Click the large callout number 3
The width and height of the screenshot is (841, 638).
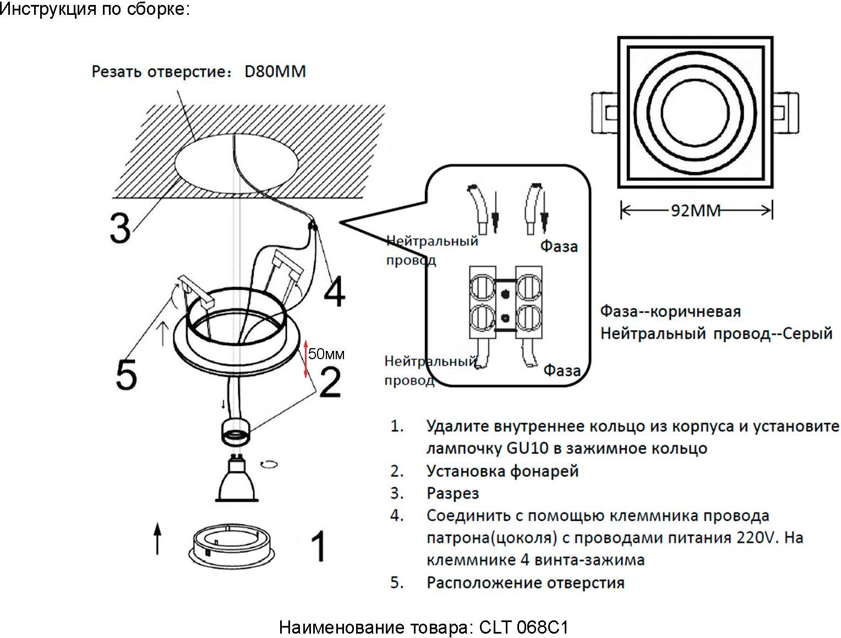tap(120, 227)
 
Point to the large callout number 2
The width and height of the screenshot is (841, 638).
tap(330, 382)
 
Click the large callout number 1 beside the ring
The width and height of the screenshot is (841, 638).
tap(318, 546)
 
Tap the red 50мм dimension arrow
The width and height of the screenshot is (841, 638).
tap(307, 359)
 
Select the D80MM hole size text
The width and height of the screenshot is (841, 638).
tap(275, 71)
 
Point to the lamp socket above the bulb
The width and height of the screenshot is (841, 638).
tap(236, 431)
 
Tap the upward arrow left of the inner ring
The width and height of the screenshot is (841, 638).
tap(158, 538)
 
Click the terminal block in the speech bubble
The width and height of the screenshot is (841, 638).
tap(505, 302)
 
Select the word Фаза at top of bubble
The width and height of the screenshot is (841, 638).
tap(559, 246)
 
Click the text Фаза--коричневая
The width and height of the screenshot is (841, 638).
tap(670, 311)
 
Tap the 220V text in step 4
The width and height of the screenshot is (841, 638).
tap(757, 537)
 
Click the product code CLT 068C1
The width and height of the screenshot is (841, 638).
tap(523, 627)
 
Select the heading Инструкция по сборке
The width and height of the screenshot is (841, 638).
tap(95, 9)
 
